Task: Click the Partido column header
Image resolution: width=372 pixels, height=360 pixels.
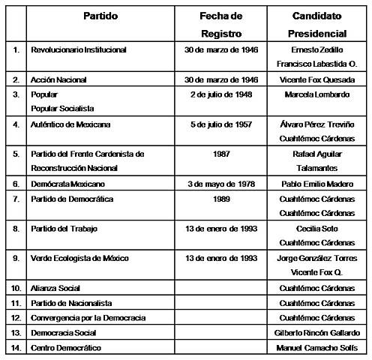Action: [100, 16]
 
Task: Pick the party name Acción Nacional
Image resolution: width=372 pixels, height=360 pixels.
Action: [60, 79]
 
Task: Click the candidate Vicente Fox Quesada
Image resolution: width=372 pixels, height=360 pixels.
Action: [321, 79]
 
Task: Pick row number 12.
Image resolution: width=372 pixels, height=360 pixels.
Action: [15, 317]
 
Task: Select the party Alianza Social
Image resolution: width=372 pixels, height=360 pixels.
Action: [56, 288]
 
